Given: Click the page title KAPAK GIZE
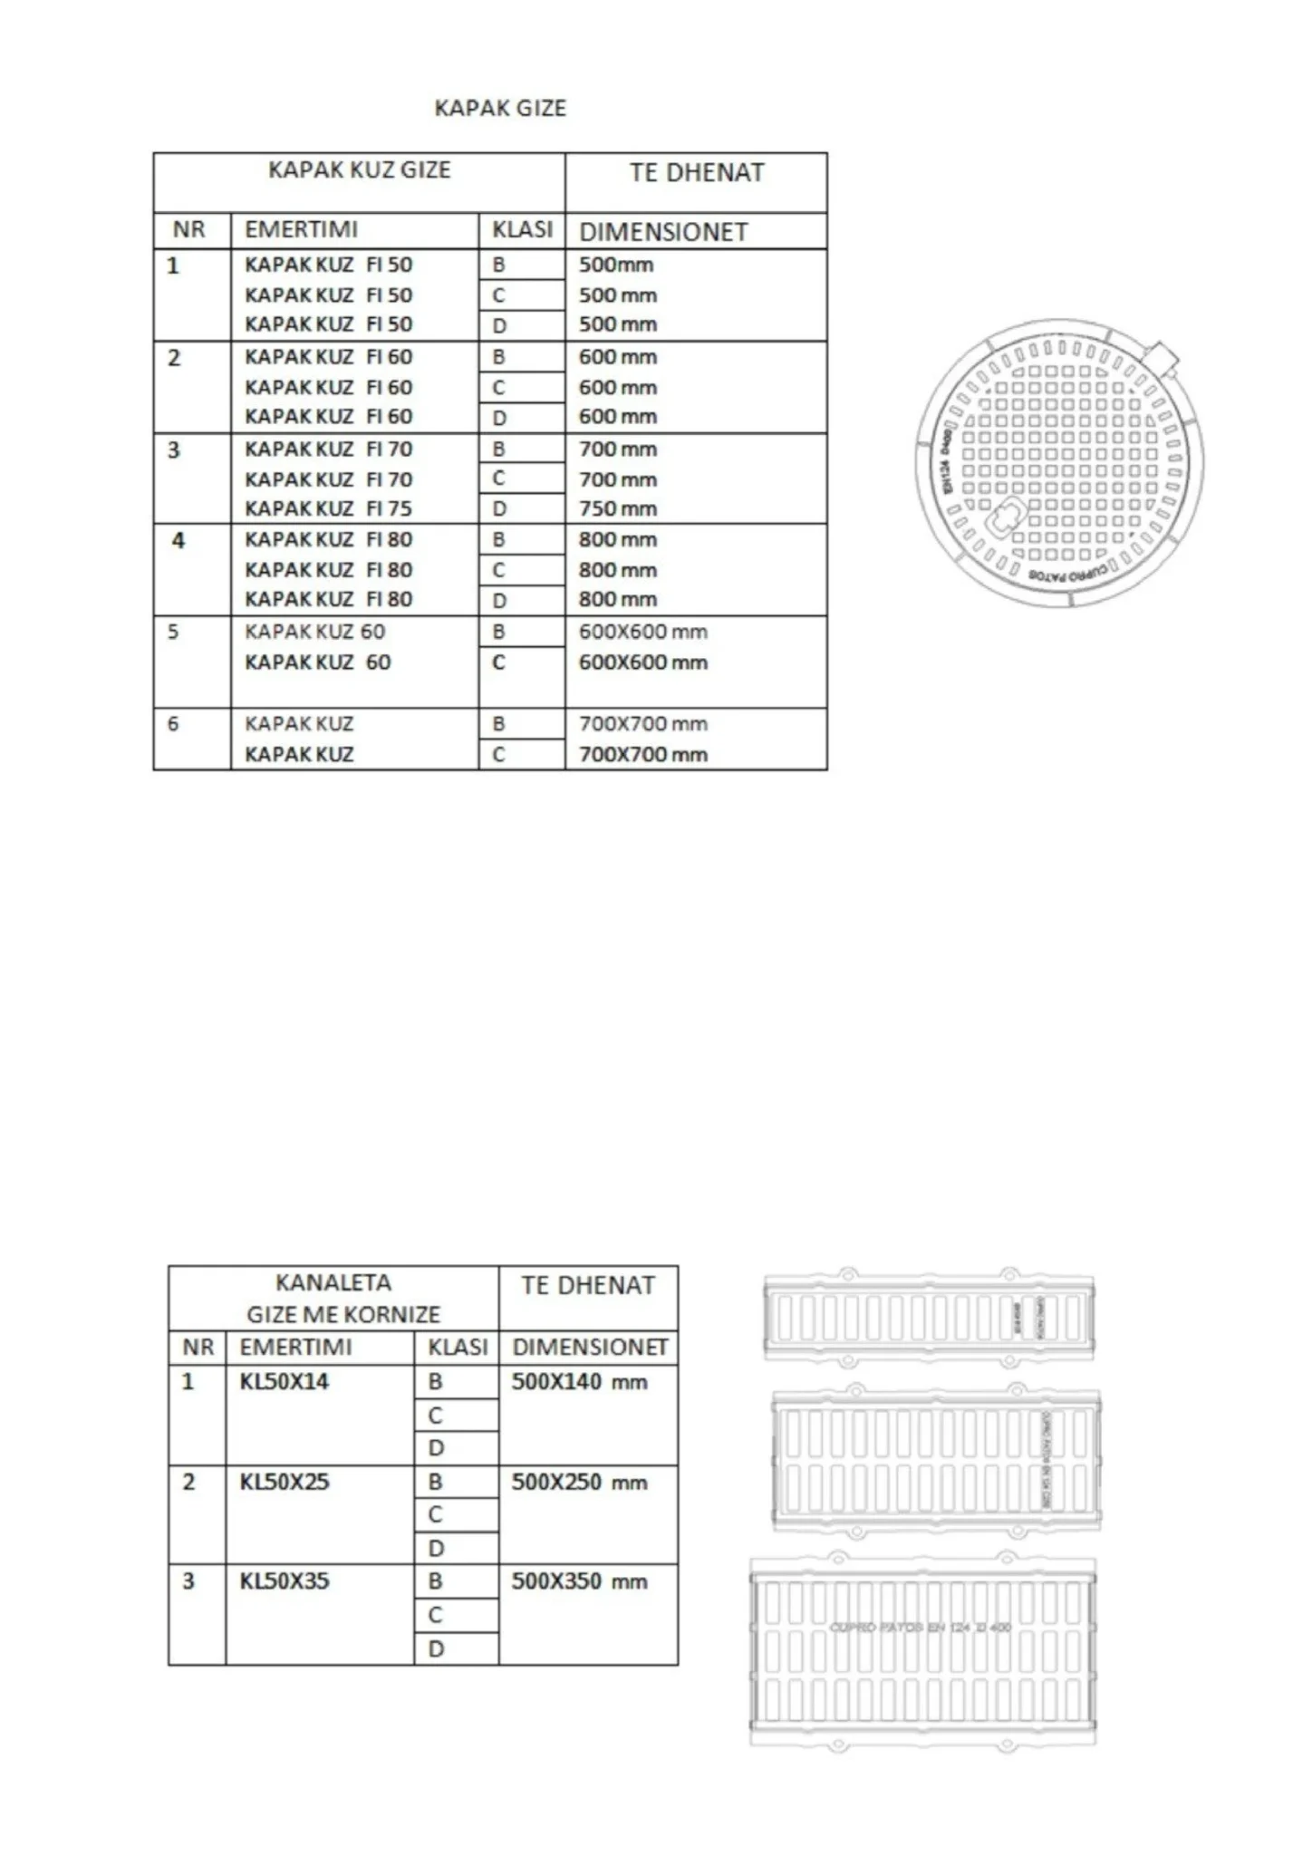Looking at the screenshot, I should [500, 109].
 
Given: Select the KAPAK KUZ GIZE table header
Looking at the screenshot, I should [359, 170].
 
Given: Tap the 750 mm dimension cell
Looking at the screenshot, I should [618, 508].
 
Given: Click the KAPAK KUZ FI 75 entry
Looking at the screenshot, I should [328, 508].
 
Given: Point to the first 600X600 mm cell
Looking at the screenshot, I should [642, 632].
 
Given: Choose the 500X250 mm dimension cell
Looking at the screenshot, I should [579, 1483].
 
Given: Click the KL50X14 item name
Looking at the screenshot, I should [284, 1382].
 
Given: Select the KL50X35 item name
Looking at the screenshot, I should [284, 1581].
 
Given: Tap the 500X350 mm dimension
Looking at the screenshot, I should [579, 1581].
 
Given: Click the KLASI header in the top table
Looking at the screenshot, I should [522, 230].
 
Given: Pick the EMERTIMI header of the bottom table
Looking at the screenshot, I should [295, 1348].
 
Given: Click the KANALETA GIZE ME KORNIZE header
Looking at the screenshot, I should [334, 1299].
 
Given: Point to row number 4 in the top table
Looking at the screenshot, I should [178, 541].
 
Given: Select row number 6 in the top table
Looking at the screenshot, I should [173, 724].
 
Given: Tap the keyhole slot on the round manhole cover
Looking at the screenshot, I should [1006, 520].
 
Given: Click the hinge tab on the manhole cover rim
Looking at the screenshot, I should [1163, 358].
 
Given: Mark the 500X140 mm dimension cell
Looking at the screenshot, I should [579, 1383].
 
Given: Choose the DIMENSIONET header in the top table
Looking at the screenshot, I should [663, 232].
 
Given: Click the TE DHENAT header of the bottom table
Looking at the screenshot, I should [587, 1286].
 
